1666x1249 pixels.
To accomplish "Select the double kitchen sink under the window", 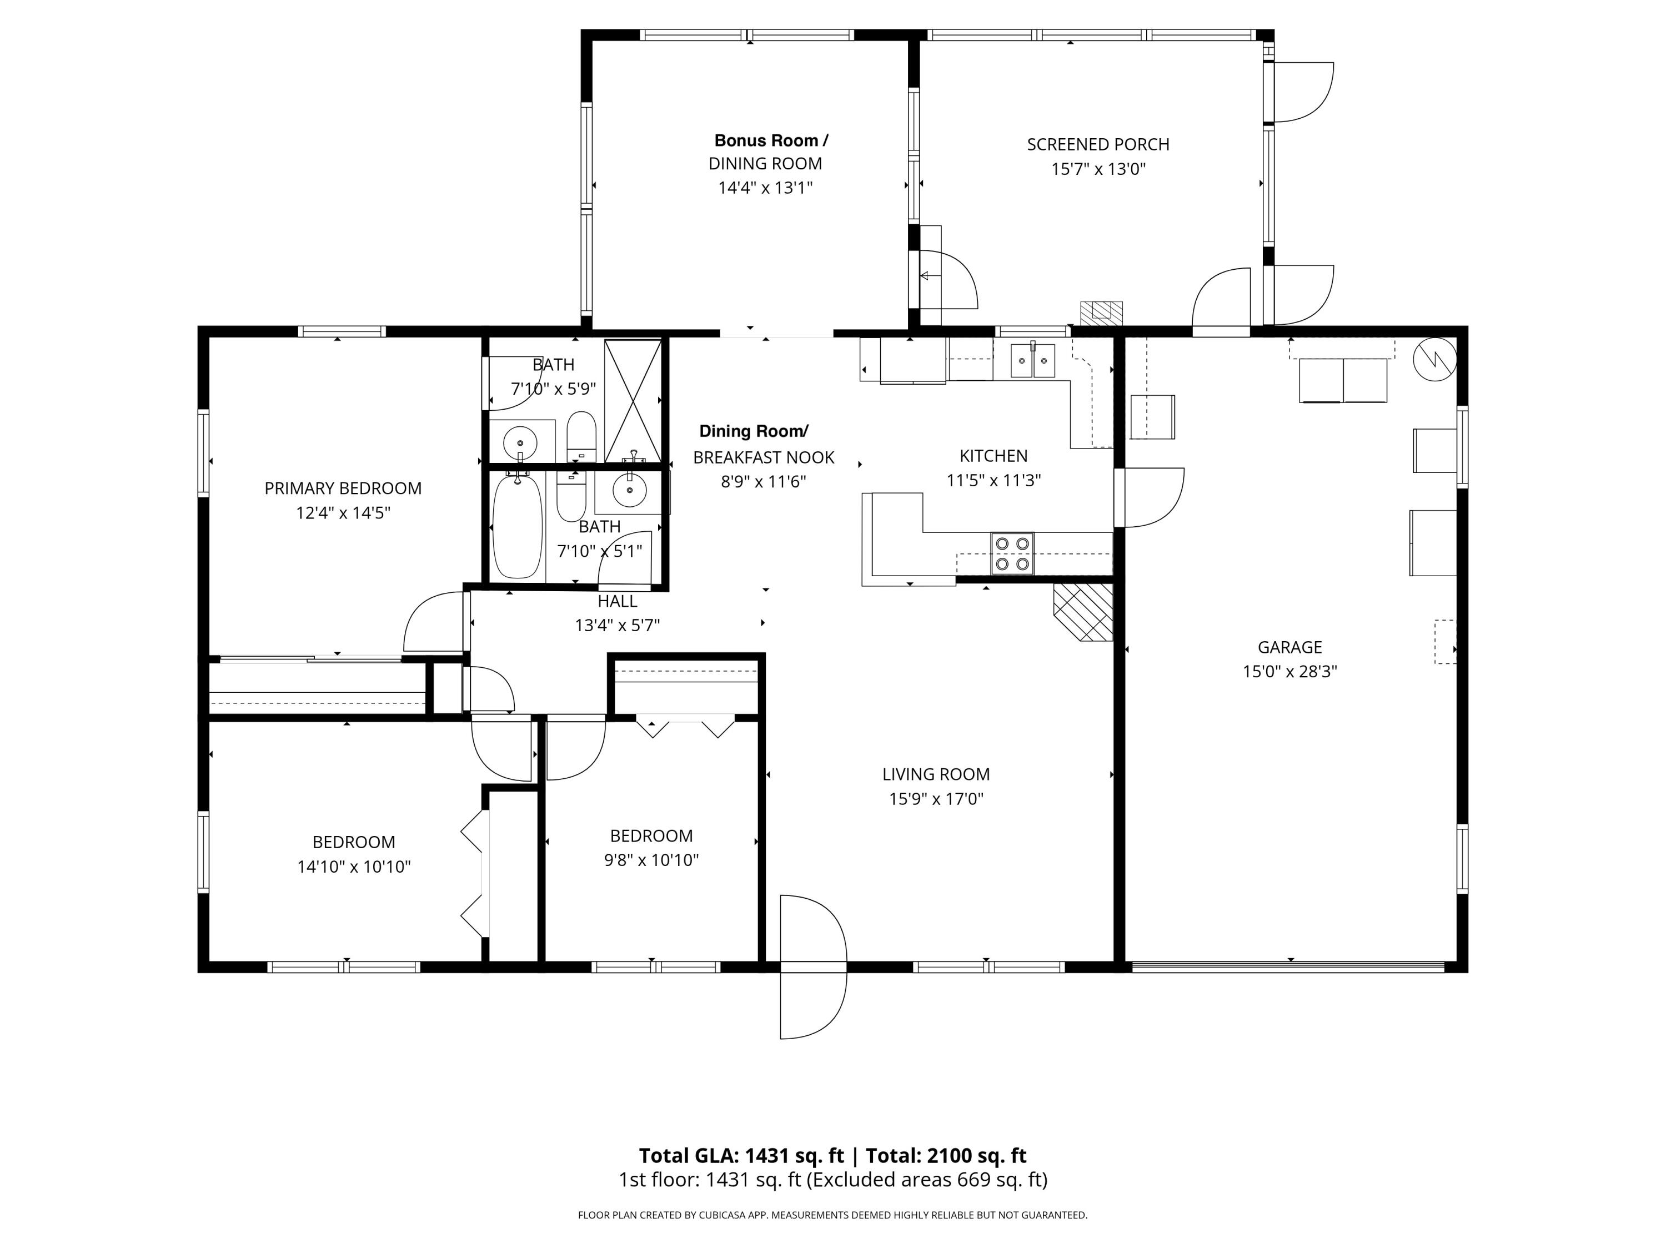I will (x=1032, y=361).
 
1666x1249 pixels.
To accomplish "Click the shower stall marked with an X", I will (x=633, y=401).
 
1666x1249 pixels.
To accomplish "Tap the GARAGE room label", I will (x=1289, y=647).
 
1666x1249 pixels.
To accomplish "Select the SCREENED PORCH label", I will (x=1098, y=144).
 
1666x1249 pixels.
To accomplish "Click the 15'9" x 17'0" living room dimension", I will (x=936, y=799).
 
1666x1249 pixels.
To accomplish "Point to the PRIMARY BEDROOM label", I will (x=343, y=488).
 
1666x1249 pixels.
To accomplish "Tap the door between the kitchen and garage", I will (x=1148, y=497).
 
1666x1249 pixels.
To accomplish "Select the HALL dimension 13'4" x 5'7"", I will (x=617, y=626).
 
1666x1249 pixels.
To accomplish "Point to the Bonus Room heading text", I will (x=771, y=141).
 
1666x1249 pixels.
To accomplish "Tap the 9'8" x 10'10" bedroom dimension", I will (x=651, y=860).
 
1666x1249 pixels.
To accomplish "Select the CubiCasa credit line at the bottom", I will (x=832, y=1215).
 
